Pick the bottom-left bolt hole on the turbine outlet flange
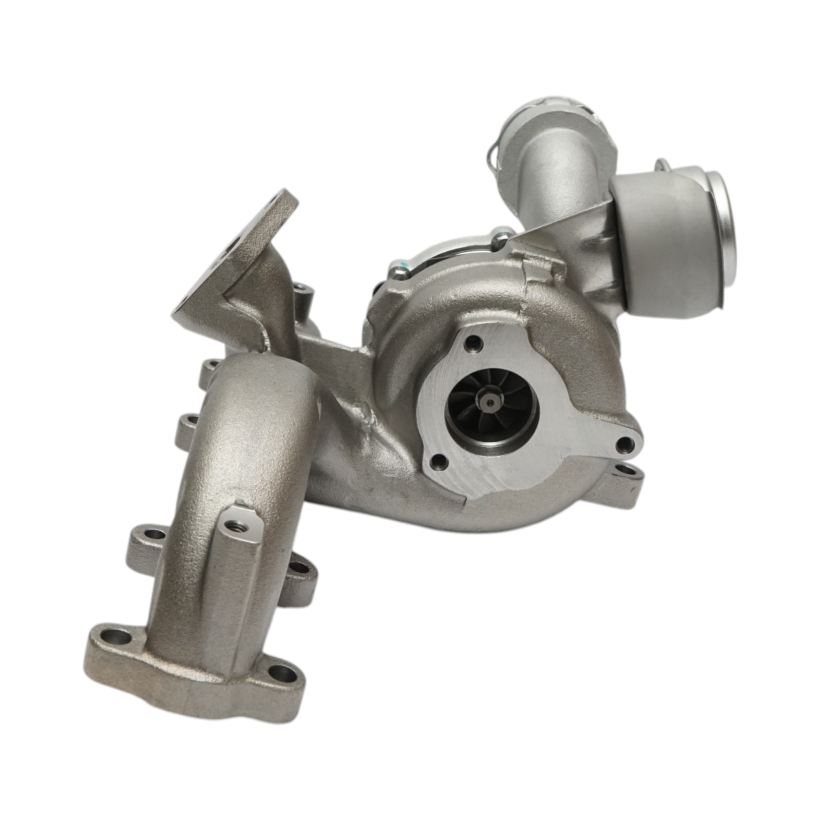(x=439, y=465)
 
